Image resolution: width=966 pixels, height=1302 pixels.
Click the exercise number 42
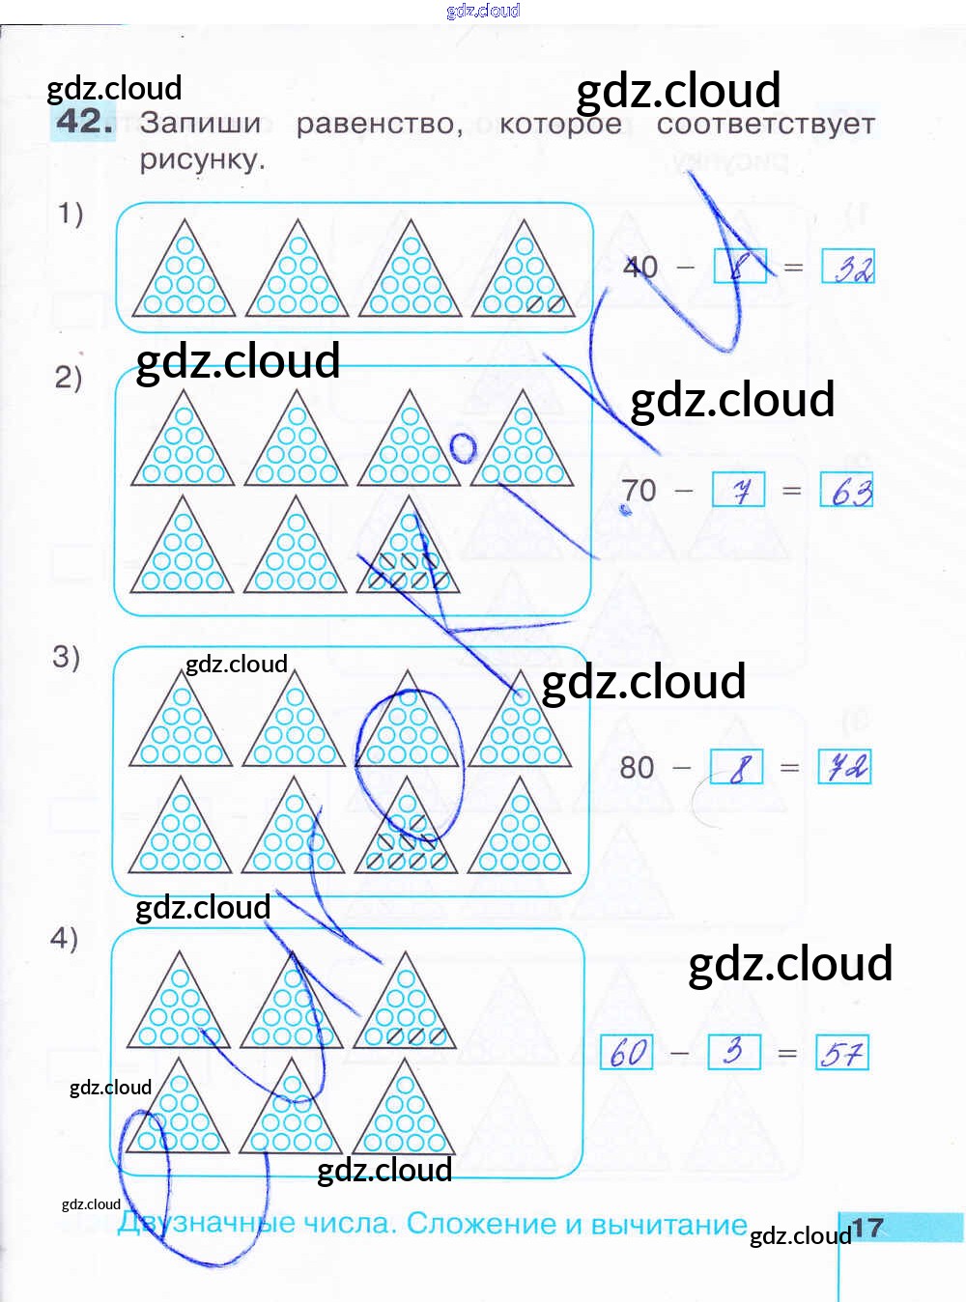84,122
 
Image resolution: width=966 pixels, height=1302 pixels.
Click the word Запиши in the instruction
201,124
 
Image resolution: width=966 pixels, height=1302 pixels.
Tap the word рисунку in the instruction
201,159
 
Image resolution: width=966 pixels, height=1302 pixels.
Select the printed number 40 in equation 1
640,267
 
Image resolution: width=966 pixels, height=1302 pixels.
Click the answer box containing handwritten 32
848,267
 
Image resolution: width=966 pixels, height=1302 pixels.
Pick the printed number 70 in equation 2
639,491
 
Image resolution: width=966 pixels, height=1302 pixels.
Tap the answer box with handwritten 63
846,491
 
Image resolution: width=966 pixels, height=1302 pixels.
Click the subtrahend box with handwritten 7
739,490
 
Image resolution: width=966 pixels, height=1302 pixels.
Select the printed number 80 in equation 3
638,768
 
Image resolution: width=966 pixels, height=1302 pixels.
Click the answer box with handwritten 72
844,767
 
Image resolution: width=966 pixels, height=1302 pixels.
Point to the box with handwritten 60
627,1052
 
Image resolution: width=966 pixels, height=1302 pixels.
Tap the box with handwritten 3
734,1051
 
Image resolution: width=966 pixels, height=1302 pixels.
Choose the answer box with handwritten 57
842,1052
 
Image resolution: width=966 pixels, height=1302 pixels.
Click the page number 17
867,1228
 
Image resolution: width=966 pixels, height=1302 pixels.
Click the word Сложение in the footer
479,1224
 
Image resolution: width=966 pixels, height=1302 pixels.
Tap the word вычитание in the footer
668,1225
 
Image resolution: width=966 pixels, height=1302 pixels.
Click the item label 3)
66,657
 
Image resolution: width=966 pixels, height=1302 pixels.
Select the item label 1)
71,212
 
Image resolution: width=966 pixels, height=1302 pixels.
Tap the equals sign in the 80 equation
790,768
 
